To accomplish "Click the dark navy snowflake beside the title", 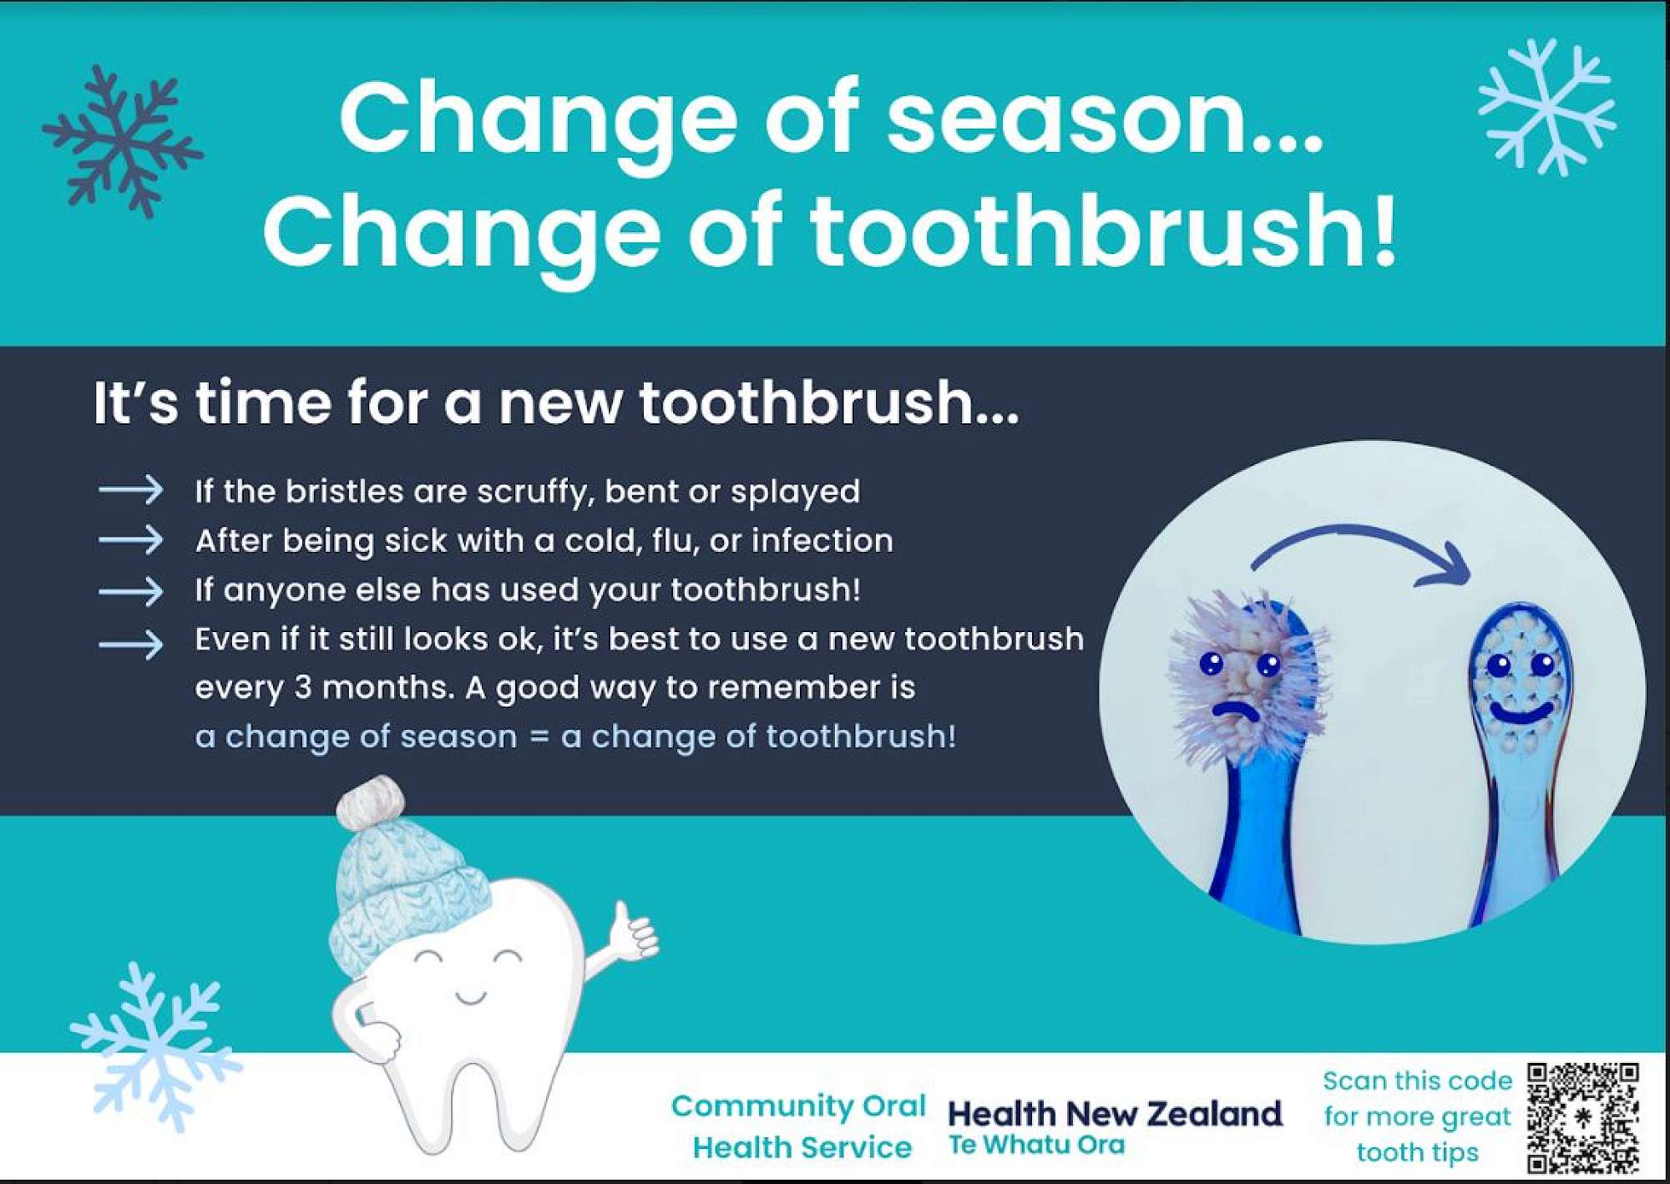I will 122,142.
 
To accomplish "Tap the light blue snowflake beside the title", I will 1546,107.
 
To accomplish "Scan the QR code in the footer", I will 1583,1117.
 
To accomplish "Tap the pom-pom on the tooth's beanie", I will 370,802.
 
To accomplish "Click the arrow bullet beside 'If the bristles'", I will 130,490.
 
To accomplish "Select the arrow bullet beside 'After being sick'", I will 130,540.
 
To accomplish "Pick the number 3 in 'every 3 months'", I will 303,688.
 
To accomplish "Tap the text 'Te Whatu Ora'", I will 1036,1145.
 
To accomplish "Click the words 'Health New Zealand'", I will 1114,1114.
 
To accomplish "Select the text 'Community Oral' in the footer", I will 798,1106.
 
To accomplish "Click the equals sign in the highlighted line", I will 539,737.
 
